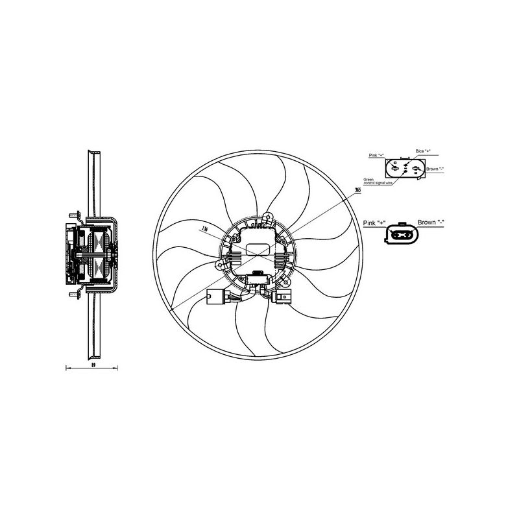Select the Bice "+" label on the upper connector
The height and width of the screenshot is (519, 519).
(x=420, y=151)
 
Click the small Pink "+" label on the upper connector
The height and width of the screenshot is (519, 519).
(x=376, y=156)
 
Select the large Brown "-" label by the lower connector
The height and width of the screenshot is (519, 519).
(x=431, y=223)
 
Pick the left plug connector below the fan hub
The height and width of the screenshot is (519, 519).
(x=214, y=297)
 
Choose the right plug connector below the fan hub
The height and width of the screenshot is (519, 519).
(x=284, y=298)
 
